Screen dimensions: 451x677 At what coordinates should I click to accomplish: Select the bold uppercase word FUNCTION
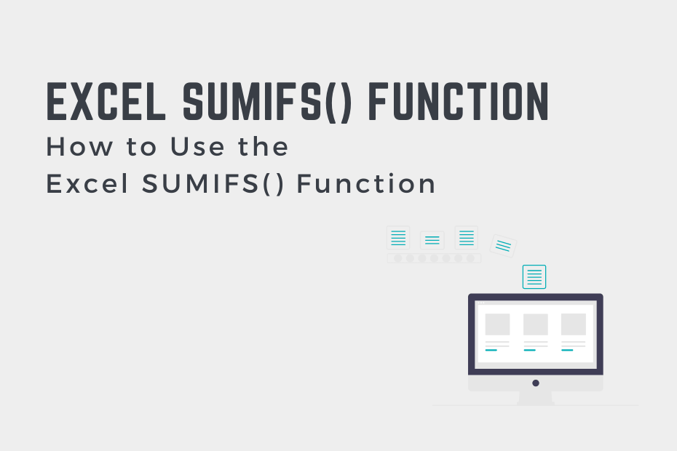(x=459, y=102)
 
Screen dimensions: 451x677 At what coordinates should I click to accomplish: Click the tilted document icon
(x=503, y=245)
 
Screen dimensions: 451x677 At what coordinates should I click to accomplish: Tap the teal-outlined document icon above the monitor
(x=534, y=276)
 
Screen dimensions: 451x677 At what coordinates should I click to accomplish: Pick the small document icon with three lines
(x=432, y=240)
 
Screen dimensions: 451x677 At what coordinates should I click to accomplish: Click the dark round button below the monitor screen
(x=536, y=383)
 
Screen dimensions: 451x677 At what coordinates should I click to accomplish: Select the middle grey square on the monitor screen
(x=536, y=324)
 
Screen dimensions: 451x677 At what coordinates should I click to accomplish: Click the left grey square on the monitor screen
(x=497, y=324)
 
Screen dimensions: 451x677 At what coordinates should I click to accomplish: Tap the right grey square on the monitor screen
(x=574, y=324)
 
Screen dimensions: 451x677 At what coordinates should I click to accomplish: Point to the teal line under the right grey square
(x=568, y=350)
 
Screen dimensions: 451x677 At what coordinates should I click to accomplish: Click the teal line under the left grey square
(x=491, y=350)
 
